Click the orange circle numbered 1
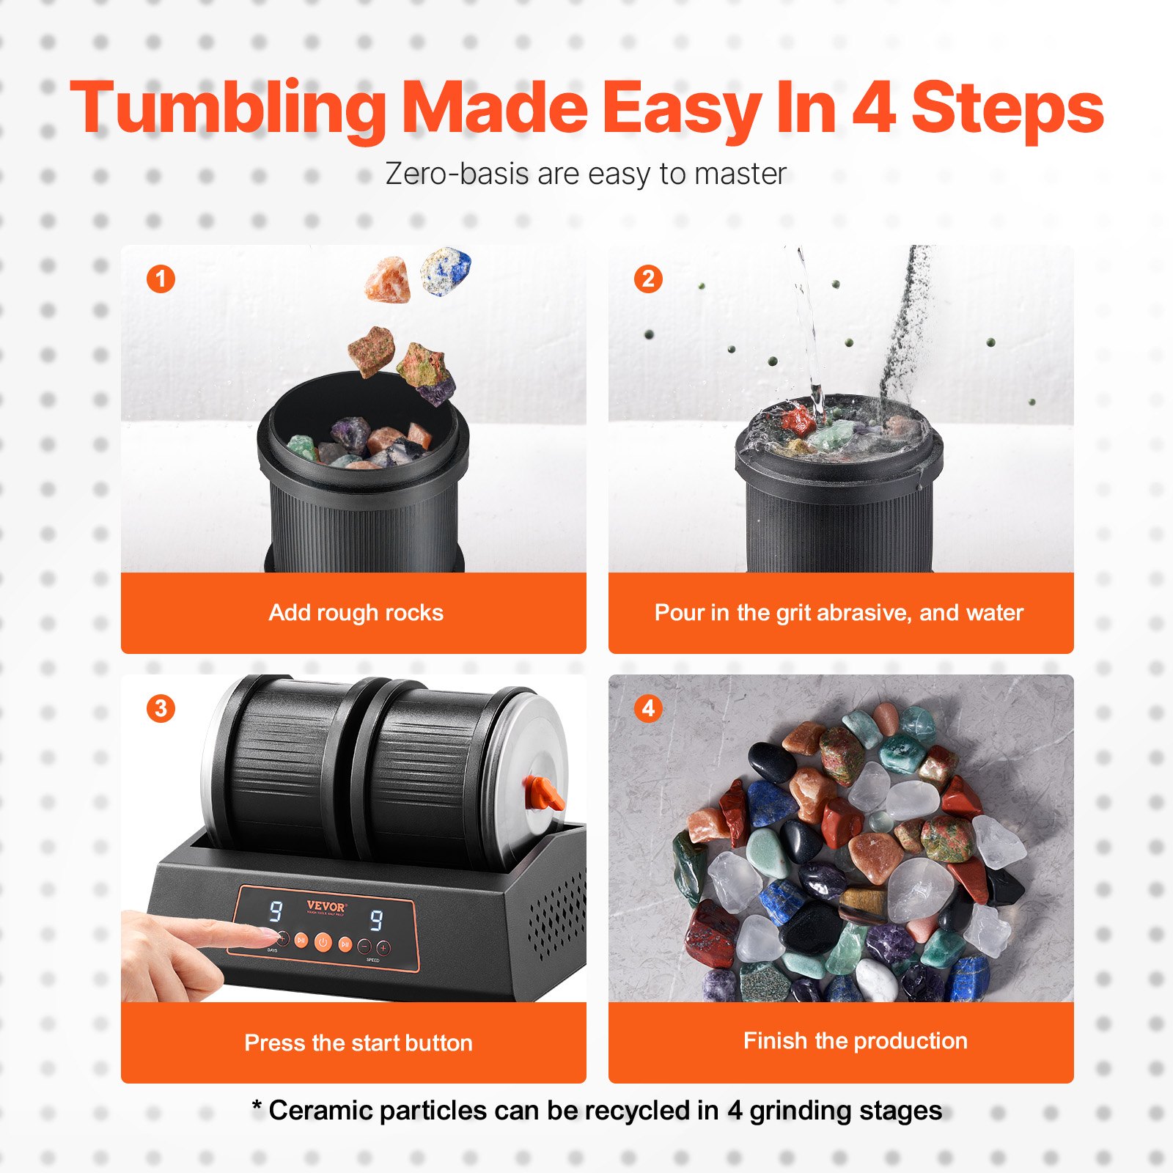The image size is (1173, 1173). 161,279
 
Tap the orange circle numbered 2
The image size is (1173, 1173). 648,279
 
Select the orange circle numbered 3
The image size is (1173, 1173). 161,708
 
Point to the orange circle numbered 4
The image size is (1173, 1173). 648,708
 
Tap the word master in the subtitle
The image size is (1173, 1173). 740,174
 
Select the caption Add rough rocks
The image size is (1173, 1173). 356,612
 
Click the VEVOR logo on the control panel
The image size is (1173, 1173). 326,907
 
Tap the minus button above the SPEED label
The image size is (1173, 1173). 364,946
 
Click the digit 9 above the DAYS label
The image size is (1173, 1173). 276,911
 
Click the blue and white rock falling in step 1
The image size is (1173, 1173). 446,271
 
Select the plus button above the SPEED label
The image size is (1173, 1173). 383,948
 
